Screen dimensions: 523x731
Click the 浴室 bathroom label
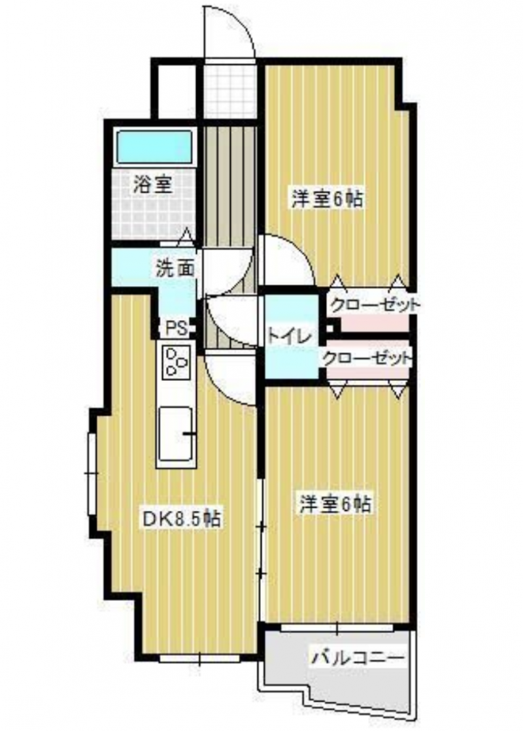(x=152, y=185)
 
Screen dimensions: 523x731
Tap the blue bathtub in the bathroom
(x=154, y=147)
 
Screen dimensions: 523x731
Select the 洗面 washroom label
(x=175, y=268)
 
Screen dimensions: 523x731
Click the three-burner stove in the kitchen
(x=177, y=361)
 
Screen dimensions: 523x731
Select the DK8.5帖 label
(x=181, y=519)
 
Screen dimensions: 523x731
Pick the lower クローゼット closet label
(x=367, y=359)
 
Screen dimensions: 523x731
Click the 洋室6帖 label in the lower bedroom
(x=335, y=504)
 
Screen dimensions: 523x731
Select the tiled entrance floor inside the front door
(x=231, y=88)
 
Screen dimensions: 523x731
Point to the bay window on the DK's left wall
(x=92, y=473)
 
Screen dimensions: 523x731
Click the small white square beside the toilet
(x=330, y=328)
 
